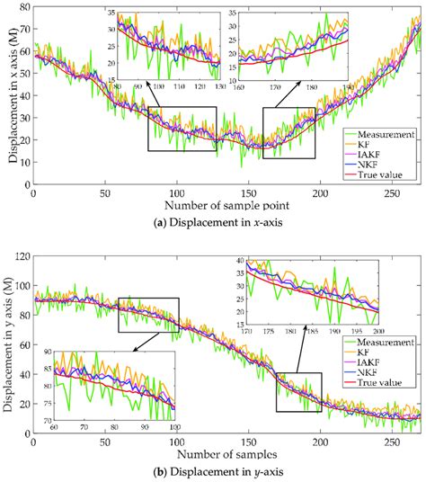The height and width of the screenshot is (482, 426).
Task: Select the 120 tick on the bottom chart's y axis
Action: tap(20, 257)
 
